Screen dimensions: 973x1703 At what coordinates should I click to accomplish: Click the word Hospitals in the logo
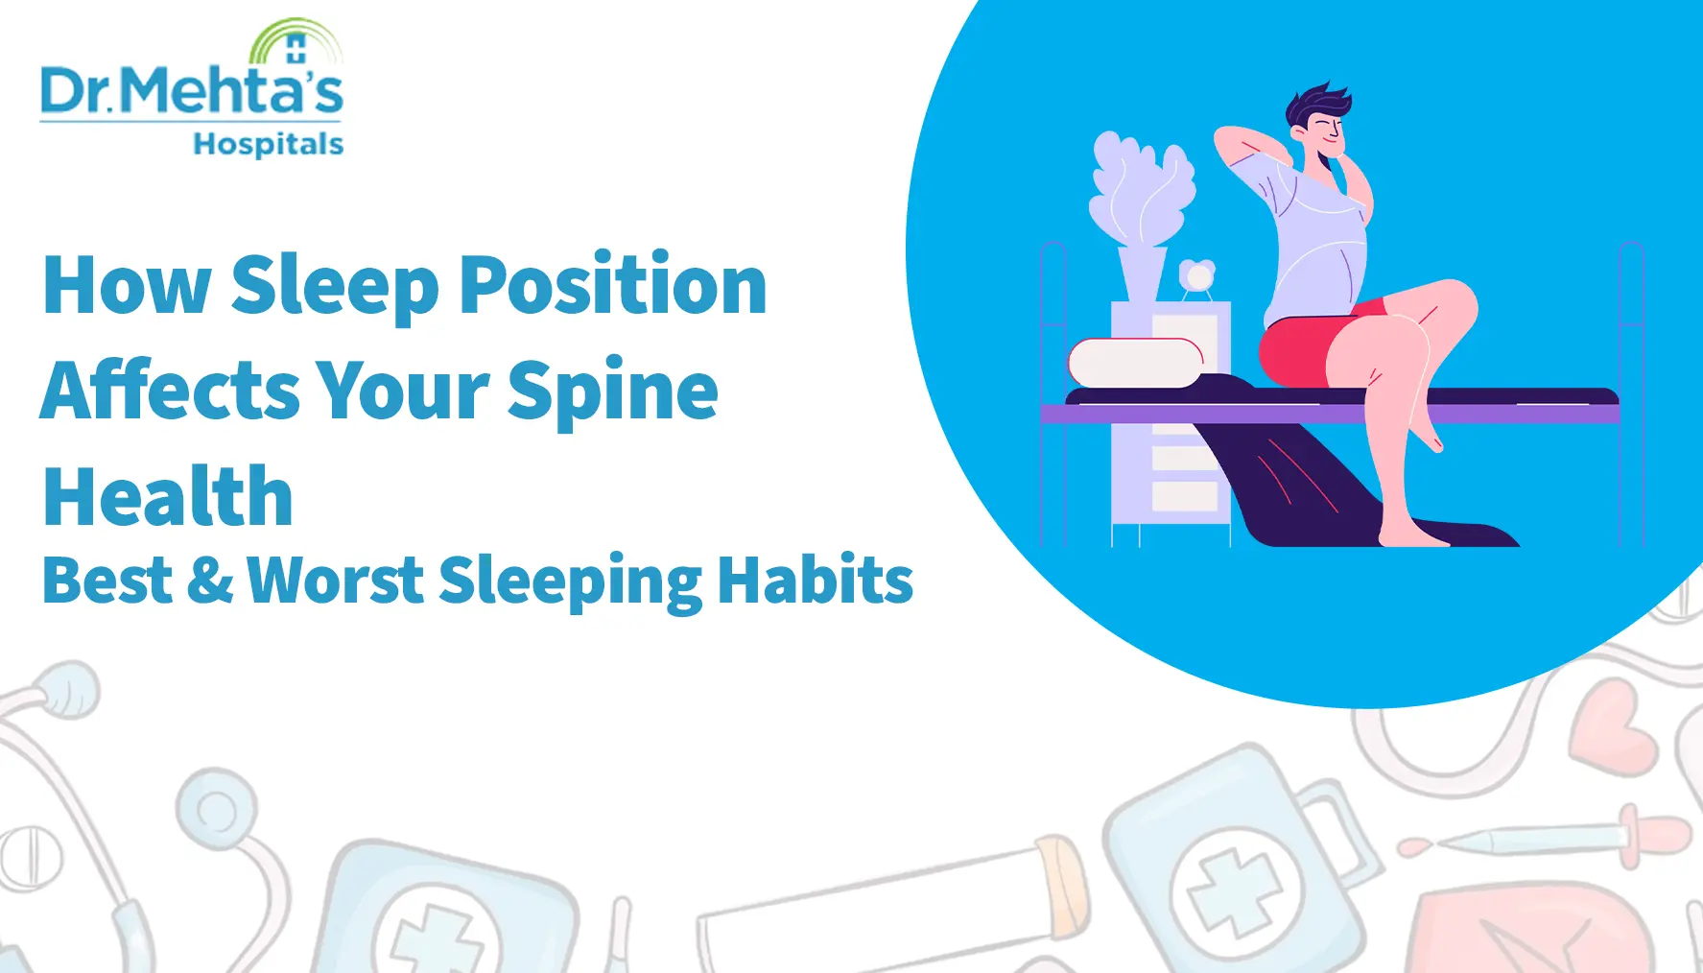click(268, 144)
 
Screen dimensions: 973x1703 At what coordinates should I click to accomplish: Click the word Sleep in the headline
click(334, 285)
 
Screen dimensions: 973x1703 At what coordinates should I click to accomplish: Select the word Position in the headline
click(613, 285)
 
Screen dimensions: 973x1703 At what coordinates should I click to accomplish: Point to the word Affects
click(169, 391)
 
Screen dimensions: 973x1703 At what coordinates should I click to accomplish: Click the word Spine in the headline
click(612, 391)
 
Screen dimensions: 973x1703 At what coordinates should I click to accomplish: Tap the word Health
click(168, 496)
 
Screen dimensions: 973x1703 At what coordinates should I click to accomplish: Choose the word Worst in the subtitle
click(335, 581)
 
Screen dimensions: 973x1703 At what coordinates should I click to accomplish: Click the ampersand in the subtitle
click(209, 581)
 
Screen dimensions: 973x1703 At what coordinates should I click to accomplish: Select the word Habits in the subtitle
click(815, 581)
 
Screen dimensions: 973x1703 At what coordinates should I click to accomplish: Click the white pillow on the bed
click(1136, 363)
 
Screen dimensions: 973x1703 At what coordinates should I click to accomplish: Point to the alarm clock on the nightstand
click(1197, 276)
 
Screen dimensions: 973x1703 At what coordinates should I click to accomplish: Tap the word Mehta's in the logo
click(231, 91)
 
